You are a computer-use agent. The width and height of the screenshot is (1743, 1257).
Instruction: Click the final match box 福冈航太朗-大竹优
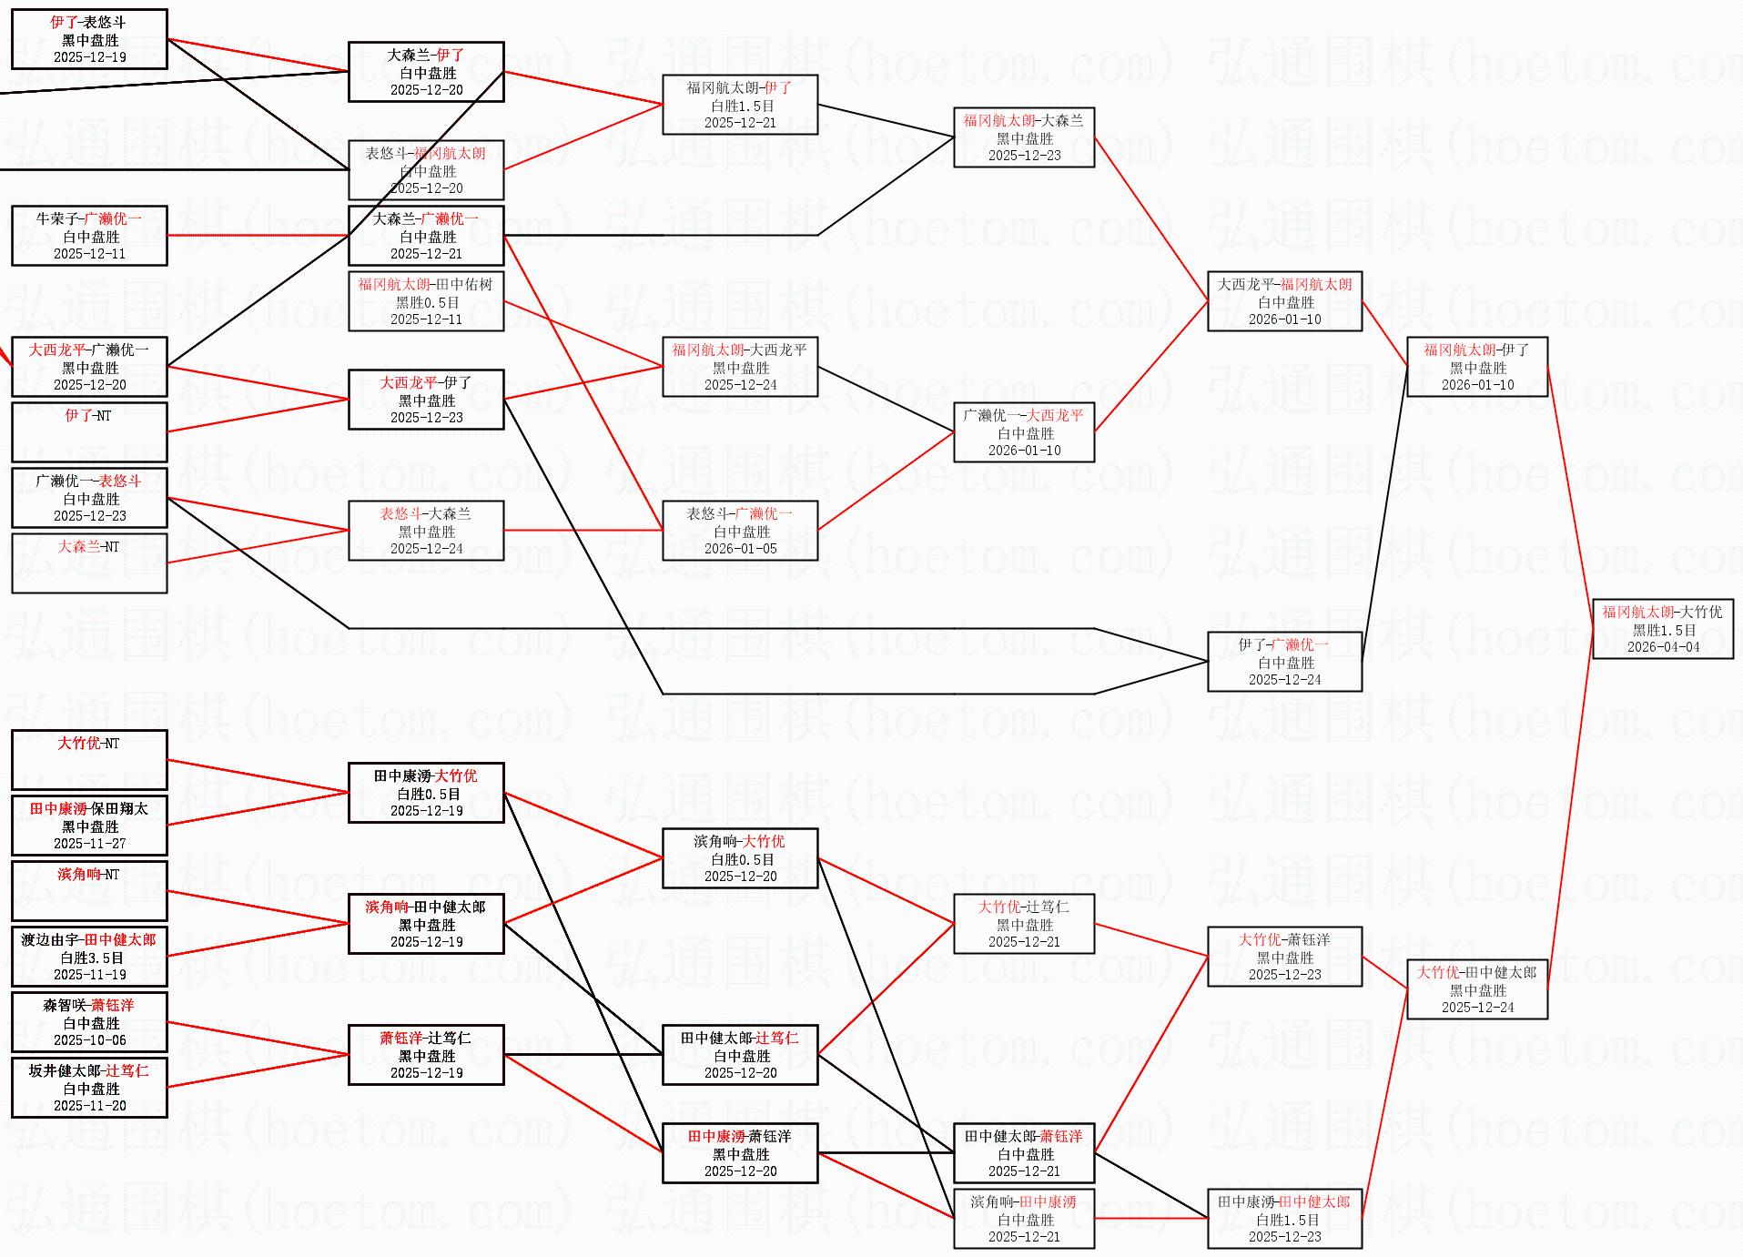(1662, 628)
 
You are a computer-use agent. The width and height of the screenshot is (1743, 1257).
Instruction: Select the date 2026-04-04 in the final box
(1663, 647)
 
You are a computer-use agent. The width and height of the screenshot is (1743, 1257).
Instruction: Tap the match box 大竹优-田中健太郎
(1477, 989)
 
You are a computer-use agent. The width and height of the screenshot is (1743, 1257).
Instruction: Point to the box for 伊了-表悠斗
(89, 39)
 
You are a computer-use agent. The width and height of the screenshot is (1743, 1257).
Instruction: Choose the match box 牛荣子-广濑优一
(89, 236)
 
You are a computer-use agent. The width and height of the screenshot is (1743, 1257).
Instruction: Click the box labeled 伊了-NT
(89, 432)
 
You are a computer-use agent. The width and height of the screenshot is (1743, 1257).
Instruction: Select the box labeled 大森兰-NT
(89, 563)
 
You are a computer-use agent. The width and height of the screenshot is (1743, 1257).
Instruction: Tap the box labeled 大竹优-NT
(89, 760)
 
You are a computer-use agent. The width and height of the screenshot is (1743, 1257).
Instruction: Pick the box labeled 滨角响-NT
(89, 891)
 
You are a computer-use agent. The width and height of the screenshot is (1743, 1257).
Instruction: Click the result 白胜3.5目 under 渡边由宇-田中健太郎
(91, 958)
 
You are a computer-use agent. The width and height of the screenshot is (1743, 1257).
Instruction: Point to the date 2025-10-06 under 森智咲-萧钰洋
(89, 1040)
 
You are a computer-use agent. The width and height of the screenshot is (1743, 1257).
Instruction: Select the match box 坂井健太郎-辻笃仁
(89, 1088)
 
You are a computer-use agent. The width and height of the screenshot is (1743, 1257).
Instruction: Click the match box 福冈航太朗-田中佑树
(426, 301)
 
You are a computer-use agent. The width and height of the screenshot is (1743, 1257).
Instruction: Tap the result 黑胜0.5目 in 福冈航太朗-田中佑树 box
(427, 302)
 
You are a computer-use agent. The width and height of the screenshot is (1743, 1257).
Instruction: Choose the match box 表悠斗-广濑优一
(740, 531)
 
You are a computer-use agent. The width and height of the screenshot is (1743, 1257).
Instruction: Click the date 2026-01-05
(740, 549)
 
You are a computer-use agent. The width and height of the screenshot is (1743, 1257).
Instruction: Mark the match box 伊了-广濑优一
(1284, 662)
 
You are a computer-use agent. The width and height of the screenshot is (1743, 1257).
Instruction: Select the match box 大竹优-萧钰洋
(1284, 957)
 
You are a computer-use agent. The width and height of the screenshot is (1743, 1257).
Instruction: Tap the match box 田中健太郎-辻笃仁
(740, 1055)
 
